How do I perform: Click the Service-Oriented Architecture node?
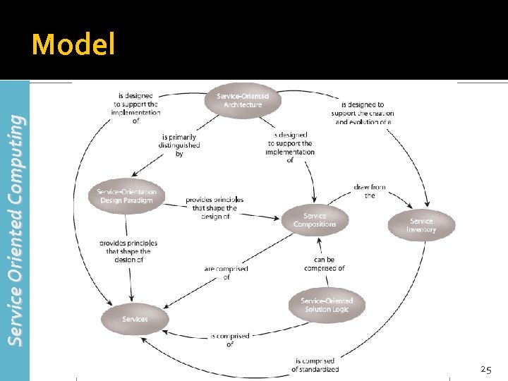[x=243, y=100]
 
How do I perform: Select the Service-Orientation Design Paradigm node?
[x=127, y=195]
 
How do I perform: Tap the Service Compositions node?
[x=315, y=220]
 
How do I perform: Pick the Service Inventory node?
[x=421, y=225]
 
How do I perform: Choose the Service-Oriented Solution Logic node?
[x=327, y=305]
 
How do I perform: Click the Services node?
[x=135, y=319]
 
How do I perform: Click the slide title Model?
[x=73, y=45]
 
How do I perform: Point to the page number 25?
[x=485, y=369]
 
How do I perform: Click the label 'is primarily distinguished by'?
[x=179, y=145]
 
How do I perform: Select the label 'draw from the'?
[x=370, y=191]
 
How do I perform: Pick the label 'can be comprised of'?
[x=325, y=264]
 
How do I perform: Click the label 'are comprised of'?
[x=226, y=273]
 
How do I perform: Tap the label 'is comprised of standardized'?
[x=315, y=365]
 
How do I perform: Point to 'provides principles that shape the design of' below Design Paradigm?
[x=128, y=251]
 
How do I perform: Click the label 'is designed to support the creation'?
[x=363, y=113]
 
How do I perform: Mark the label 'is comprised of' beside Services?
[x=230, y=340]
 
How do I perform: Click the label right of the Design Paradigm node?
[x=214, y=207]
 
